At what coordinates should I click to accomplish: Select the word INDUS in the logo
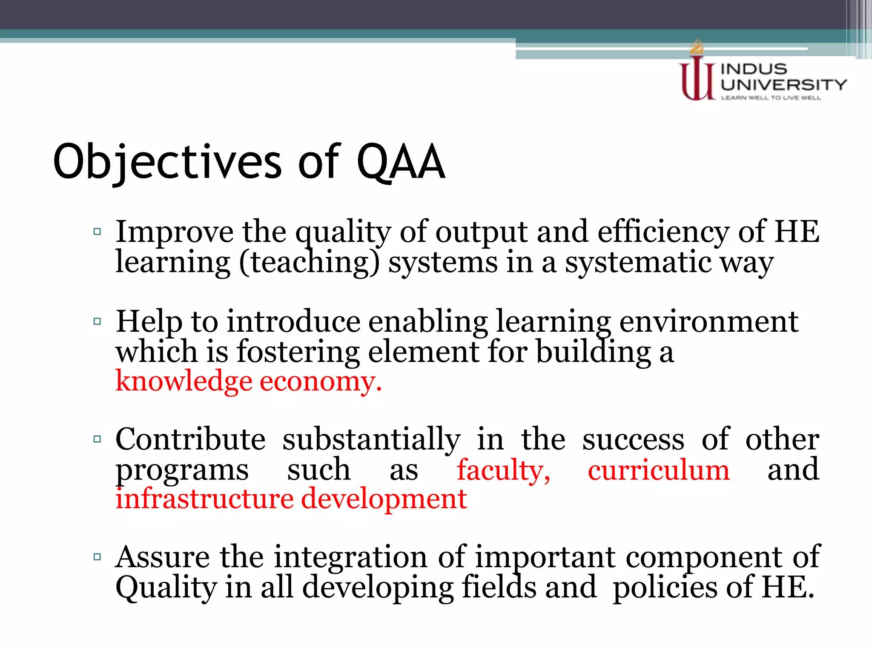click(x=753, y=69)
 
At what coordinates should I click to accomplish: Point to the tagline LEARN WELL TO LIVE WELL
click(x=770, y=98)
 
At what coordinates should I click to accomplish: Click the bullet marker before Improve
click(x=97, y=232)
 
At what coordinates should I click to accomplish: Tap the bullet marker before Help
click(x=97, y=321)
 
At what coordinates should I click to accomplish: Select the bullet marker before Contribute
click(x=97, y=439)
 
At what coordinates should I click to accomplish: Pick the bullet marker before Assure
click(x=97, y=556)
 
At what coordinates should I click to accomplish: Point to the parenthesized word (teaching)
click(x=309, y=263)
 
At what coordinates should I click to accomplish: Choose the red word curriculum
click(x=659, y=470)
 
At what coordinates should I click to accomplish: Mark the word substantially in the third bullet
click(x=371, y=440)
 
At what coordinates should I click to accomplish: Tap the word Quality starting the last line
click(x=166, y=588)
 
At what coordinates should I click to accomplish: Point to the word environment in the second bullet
click(x=708, y=322)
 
